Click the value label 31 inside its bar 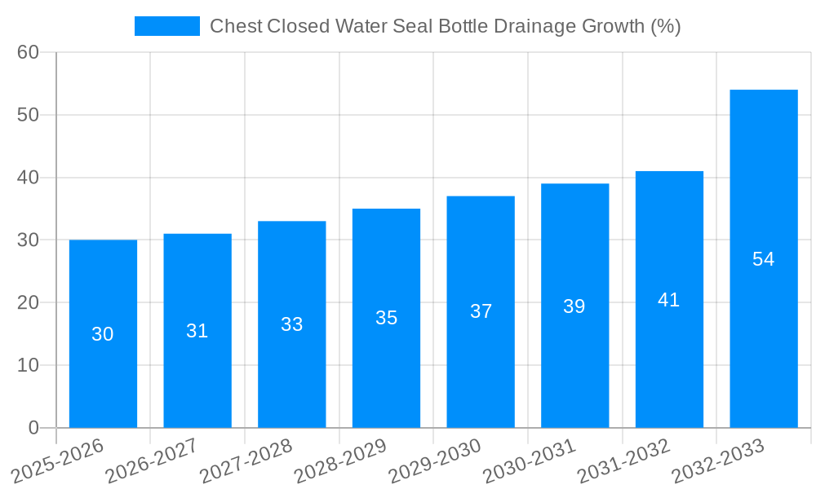pyautogui.click(x=197, y=331)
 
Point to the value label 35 pyautogui.click(x=386, y=318)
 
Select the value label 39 pyautogui.click(x=574, y=306)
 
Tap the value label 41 pyautogui.click(x=669, y=300)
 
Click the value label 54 pyautogui.click(x=764, y=259)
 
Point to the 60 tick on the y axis pyautogui.click(x=29, y=52)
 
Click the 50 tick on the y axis pyautogui.click(x=29, y=115)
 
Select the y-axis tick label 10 pyautogui.click(x=29, y=365)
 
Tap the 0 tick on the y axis pyautogui.click(x=33, y=428)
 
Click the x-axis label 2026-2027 pyautogui.click(x=152, y=460)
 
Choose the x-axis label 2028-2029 pyautogui.click(x=340, y=460)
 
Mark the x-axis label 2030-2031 pyautogui.click(x=530, y=460)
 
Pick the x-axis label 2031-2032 pyautogui.click(x=624, y=460)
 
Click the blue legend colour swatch pyautogui.click(x=167, y=26)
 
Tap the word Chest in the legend pyautogui.click(x=235, y=26)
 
